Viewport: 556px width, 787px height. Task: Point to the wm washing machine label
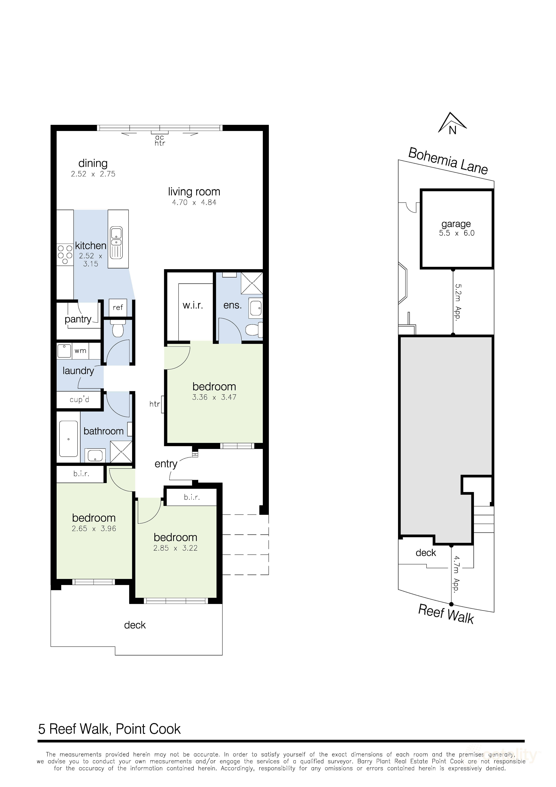[81, 351]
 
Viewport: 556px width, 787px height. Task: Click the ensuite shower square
[252, 283]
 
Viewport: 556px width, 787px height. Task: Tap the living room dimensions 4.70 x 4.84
[194, 202]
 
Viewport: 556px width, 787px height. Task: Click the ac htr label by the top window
[160, 141]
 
